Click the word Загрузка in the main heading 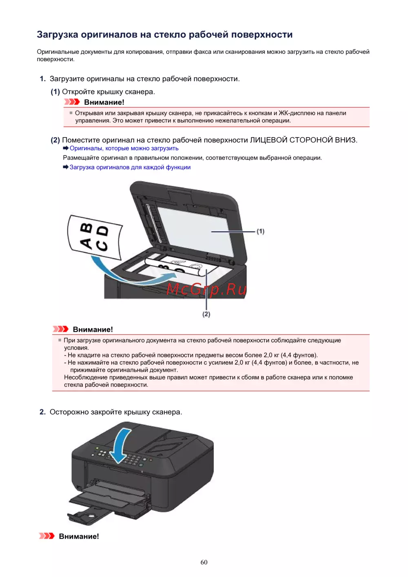pyautogui.click(x=58, y=35)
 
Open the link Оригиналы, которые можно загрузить pyautogui.click(x=124, y=149)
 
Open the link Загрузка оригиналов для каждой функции pyautogui.click(x=130, y=167)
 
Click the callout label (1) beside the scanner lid pyautogui.click(x=260, y=231)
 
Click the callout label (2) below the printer pyautogui.click(x=206, y=314)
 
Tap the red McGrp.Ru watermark pyautogui.click(x=206, y=289)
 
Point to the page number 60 pyautogui.click(x=204, y=562)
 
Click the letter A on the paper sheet pyautogui.click(x=86, y=243)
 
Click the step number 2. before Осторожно pyautogui.click(x=42, y=412)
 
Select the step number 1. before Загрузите pyautogui.click(x=42, y=79)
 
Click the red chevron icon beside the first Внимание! pyautogui.click(x=72, y=102)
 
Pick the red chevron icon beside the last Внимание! pyautogui.click(x=47, y=536)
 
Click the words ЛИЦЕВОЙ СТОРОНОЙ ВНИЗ pyautogui.click(x=304, y=140)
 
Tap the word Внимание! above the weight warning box pyautogui.click(x=93, y=329)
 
